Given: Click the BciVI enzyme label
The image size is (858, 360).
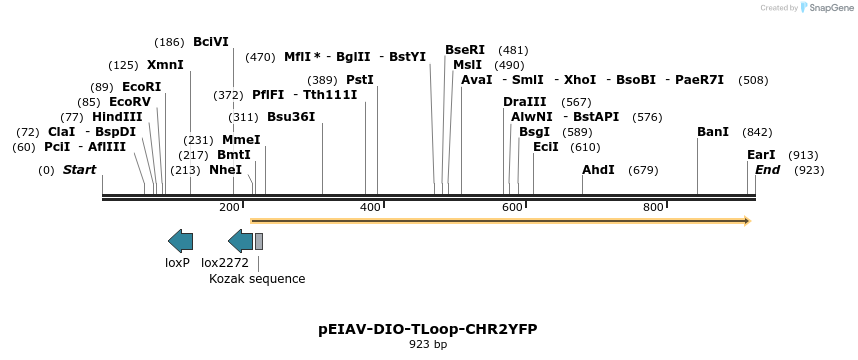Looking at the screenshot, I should coord(211,42).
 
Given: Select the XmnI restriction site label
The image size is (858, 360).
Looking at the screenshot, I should coord(165,65).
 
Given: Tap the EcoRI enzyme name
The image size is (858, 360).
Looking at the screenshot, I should coord(141,87).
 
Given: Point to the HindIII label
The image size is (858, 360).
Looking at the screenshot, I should coord(117,117).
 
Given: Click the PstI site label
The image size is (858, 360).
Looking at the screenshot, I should coord(360,80).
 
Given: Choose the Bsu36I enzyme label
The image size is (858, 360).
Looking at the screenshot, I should coord(291,117).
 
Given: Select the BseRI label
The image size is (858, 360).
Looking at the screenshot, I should coord(465,50).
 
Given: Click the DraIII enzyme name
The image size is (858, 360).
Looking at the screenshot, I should coord(525,102).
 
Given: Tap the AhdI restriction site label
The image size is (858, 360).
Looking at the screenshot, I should coord(598,170).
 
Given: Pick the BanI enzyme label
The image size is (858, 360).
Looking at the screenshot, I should coord(713,132).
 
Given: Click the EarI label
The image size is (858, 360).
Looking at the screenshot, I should coord(761,155).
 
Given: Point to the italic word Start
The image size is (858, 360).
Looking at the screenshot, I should coord(79,170).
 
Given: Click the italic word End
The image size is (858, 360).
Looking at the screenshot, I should coord(768,170).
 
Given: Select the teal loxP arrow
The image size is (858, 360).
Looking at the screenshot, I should coord(181,240).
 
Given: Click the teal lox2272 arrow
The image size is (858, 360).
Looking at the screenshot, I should coord(240,240).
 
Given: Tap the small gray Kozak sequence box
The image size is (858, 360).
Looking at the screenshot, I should coord(259,240).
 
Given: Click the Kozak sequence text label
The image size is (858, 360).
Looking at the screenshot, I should coord(257,279).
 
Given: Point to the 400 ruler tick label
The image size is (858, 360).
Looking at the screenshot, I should coord(371,207).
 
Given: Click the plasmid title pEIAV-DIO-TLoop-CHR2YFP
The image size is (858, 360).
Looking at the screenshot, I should coord(428,328).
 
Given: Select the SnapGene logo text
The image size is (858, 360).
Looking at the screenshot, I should coord(827,8).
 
